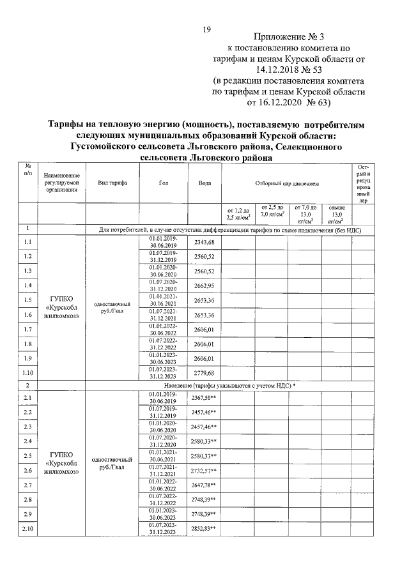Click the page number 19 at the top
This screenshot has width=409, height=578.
206,29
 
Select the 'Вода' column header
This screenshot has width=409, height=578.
204,183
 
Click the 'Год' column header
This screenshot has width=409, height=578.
162,183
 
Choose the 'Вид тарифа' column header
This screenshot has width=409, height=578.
112,183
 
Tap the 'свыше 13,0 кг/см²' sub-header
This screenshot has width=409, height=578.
337,213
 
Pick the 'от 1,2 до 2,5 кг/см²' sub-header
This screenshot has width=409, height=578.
237,213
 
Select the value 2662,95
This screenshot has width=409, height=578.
204,285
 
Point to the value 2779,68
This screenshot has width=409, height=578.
204,372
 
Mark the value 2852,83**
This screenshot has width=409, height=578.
204,529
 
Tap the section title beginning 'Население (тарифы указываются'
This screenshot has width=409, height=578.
224,386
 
